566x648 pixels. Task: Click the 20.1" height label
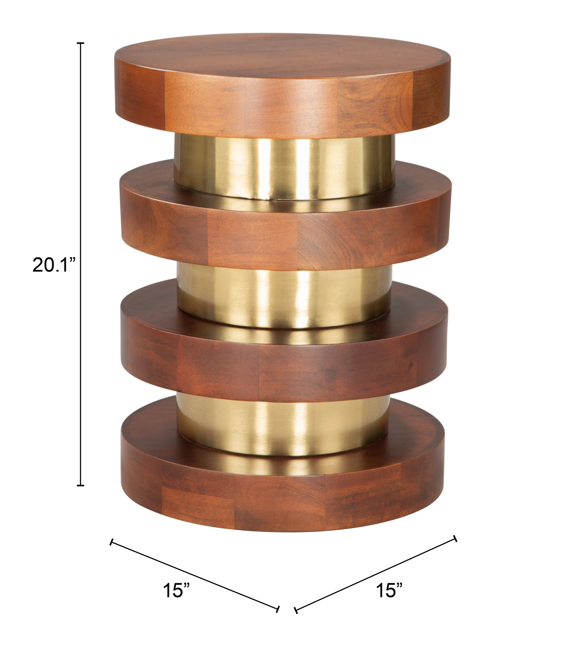54,265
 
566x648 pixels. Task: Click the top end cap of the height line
81,43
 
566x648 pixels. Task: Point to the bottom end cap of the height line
81,485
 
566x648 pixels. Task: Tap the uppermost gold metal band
284,168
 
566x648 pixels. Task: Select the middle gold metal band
284,295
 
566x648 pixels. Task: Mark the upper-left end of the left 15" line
111,542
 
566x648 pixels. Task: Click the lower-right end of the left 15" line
278,609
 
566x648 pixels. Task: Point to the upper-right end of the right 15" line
455,539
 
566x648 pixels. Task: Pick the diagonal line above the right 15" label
376,574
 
